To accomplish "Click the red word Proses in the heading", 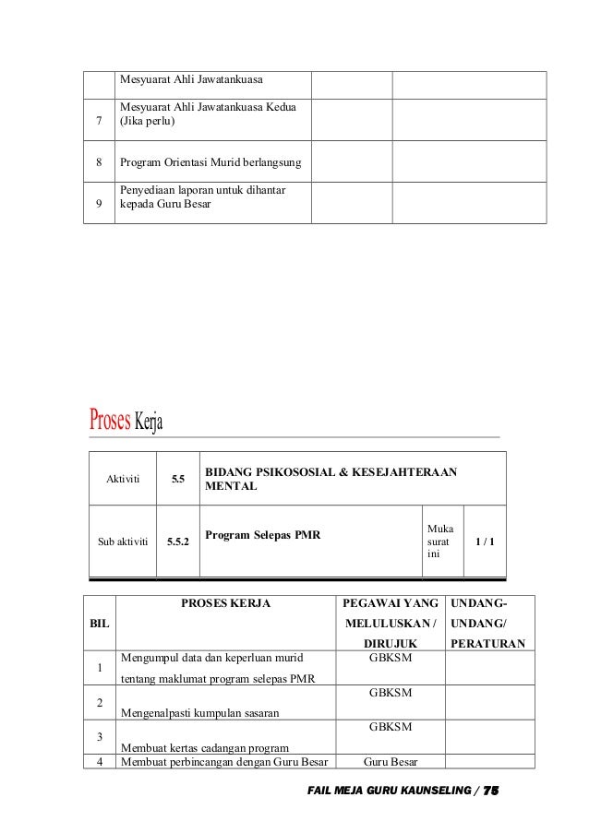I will tap(110, 422).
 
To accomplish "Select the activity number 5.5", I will tap(177, 479).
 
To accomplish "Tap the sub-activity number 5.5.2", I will tap(178, 541).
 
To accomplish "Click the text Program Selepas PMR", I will tap(262, 534).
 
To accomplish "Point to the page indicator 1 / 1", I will tap(484, 541).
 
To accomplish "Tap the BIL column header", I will tap(98, 624).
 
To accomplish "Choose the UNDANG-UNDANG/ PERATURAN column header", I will tap(487, 623).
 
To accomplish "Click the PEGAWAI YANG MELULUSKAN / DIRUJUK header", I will tap(391, 623).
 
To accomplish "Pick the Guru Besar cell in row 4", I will tap(391, 762).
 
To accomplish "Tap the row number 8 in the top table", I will tap(99, 164).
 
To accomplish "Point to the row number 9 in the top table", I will tap(99, 205).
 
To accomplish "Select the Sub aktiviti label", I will tap(123, 541).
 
